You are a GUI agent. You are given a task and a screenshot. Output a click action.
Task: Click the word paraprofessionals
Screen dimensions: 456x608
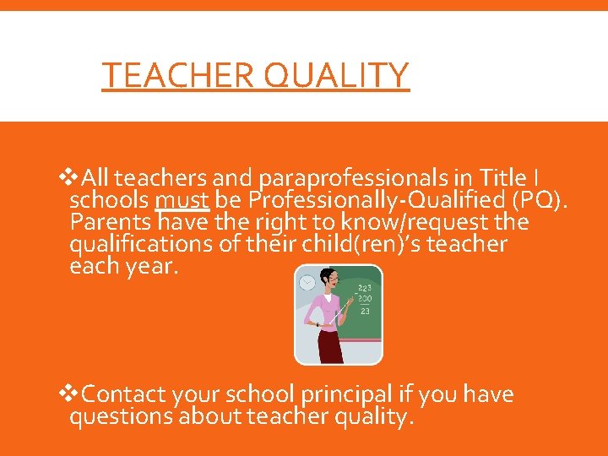tap(360, 178)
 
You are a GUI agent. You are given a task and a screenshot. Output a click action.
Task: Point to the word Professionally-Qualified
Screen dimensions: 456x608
tap(368, 200)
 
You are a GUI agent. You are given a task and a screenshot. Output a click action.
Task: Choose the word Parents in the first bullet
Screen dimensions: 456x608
tap(111, 222)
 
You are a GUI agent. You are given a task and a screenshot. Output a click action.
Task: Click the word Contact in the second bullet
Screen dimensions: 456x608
tap(123, 394)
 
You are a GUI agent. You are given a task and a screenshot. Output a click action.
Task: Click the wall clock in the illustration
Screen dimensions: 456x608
tap(307, 282)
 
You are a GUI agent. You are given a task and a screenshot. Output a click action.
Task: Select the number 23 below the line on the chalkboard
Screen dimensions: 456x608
tap(365, 311)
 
